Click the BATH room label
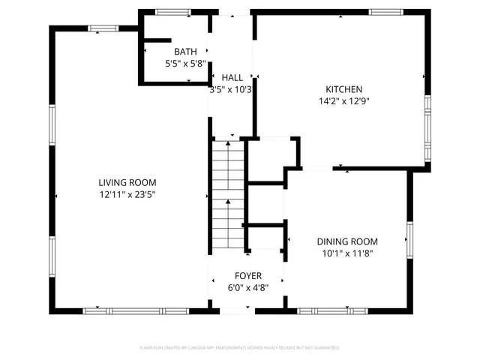[x=185, y=52]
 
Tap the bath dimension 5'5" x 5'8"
[x=185, y=64]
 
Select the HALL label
[x=232, y=77]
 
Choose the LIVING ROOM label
[x=127, y=182]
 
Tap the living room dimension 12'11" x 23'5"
[x=127, y=194]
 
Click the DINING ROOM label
[x=346, y=241]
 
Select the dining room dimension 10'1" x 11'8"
[x=346, y=253]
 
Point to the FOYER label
[x=247, y=275]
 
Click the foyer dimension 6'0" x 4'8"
[x=247, y=287]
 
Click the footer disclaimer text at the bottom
[x=240, y=348]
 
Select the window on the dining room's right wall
[x=409, y=238]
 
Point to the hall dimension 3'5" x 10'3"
[x=232, y=89]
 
